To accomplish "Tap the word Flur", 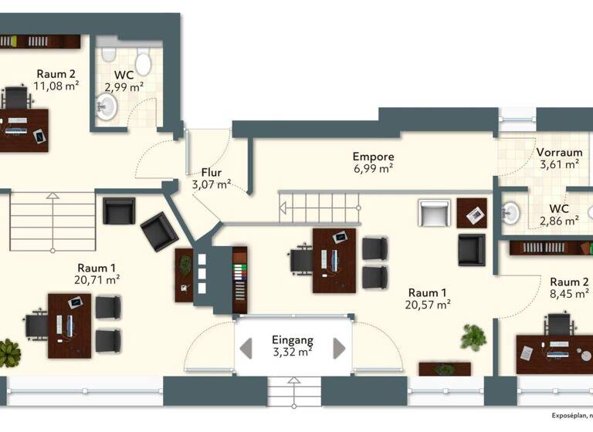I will (212, 172).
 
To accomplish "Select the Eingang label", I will (293, 339).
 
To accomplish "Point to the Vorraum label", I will (560, 152).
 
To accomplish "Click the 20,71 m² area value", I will (97, 280).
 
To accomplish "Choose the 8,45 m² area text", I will (570, 294).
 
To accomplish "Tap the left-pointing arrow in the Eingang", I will (246, 348).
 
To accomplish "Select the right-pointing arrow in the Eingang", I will (339, 348).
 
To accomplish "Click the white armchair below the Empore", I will (434, 212).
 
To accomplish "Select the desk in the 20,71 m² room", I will (69, 325).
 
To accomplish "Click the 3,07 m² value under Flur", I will (212, 184).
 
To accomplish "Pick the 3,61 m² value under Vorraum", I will (560, 164).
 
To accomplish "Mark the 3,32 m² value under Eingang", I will (293, 353).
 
